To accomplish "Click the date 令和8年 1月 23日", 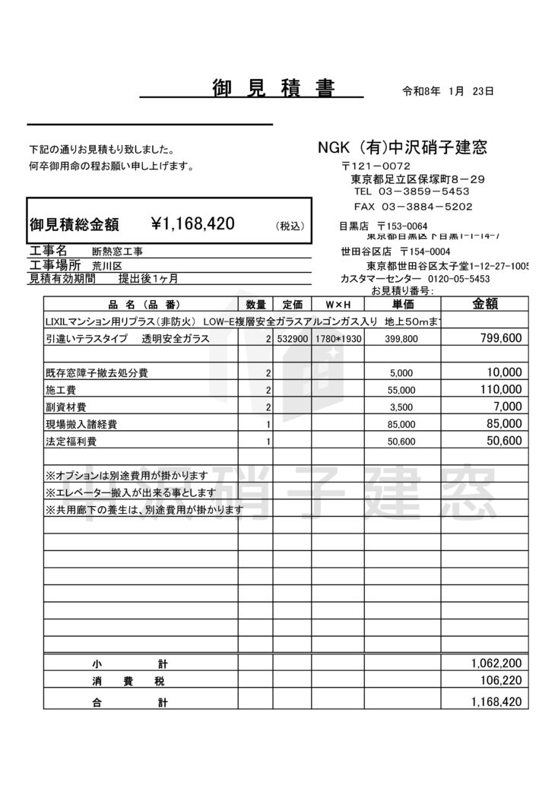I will (x=448, y=91).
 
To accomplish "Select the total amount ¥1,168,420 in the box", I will (x=193, y=223).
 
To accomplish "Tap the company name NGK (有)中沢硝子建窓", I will (x=402, y=147).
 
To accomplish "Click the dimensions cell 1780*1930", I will (x=338, y=339).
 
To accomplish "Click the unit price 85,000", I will (x=402, y=425).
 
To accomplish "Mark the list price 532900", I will (x=293, y=339).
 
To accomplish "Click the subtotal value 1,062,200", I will (x=496, y=663).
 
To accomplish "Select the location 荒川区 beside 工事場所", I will (x=106, y=265).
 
